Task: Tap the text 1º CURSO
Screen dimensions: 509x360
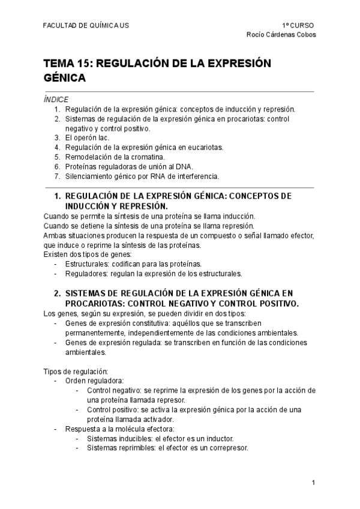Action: tap(298, 25)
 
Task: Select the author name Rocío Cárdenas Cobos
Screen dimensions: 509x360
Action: tap(281, 34)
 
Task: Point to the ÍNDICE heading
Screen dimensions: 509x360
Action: tap(56, 99)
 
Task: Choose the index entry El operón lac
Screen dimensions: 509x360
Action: tap(87, 137)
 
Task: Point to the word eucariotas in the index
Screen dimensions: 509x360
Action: tap(205, 147)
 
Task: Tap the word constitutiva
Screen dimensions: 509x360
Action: tap(146, 323)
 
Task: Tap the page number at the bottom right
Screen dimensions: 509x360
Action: tap(313, 483)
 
